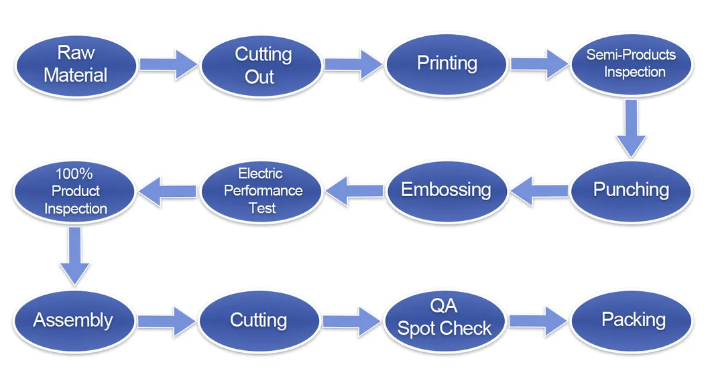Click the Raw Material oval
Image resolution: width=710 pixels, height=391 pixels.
coord(76,66)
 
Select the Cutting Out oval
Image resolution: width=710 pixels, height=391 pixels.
coord(261,66)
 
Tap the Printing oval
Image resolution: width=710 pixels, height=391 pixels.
coord(447,65)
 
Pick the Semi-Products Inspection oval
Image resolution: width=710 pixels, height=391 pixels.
coord(631,64)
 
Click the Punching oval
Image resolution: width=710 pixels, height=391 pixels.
coord(631,191)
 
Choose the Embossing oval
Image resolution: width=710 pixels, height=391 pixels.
coord(447,191)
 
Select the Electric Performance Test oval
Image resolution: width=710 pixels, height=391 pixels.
coord(261,191)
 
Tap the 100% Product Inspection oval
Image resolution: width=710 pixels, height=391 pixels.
coord(74,191)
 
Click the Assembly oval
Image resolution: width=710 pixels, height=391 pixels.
coord(74,321)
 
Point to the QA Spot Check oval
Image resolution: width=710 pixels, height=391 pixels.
coord(445,321)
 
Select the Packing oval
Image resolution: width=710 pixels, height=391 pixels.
coord(632,321)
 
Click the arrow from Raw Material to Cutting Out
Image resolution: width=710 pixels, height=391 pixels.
coord(168,65)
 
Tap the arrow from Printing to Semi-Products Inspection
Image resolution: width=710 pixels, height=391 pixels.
coord(539,64)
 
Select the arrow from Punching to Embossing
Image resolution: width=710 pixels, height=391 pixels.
coord(539,191)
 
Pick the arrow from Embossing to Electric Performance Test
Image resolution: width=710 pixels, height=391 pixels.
coord(354,191)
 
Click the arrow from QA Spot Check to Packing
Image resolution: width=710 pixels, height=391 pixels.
coord(538,321)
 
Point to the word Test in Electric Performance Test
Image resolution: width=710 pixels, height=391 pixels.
coord(262,208)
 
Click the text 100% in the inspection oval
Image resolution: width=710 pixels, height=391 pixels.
coord(74,173)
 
